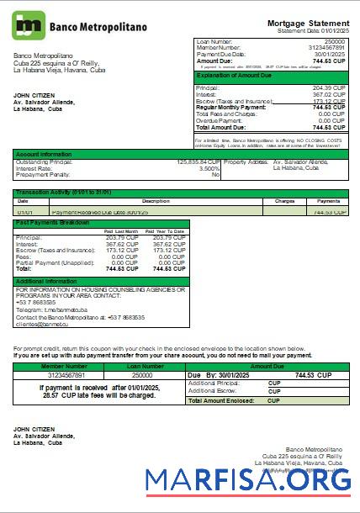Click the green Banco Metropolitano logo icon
tap(29, 25)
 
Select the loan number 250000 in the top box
tap(334, 40)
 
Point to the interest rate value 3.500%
tap(209, 167)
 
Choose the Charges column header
tap(284, 201)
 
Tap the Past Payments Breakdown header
tap(52, 223)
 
